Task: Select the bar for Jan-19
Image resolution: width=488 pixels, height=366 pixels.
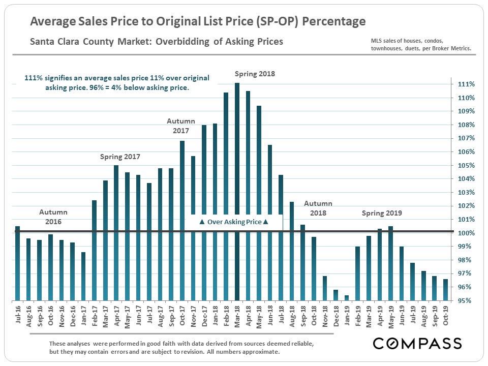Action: pyautogui.click(x=347, y=298)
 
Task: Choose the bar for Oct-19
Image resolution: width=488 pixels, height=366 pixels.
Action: pyautogui.click(x=445, y=290)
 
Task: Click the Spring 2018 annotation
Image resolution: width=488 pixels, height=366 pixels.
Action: pyautogui.click(x=254, y=74)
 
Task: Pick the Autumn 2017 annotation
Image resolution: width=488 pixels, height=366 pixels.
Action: pyautogui.click(x=180, y=126)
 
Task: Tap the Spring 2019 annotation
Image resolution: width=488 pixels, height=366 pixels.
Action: pyautogui.click(x=382, y=213)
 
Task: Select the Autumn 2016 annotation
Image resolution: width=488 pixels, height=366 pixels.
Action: pyautogui.click(x=53, y=217)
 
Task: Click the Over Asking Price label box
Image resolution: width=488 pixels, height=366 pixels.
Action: pyautogui.click(x=233, y=222)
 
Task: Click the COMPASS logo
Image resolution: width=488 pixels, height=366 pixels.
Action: pyautogui.click(x=417, y=343)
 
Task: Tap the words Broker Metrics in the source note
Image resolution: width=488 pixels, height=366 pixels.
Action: pyautogui.click(x=449, y=49)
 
